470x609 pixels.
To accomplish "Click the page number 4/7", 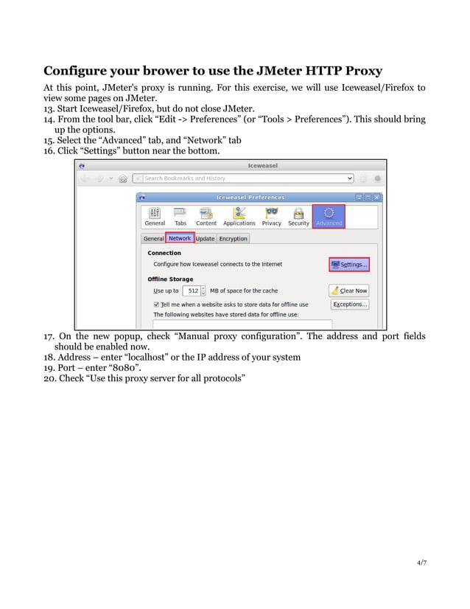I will point(421,563).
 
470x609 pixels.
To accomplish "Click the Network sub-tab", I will point(180,238).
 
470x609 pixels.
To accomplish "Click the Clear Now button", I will point(348,290).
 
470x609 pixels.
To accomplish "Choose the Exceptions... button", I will point(348,304).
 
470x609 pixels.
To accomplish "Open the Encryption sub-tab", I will point(233,239).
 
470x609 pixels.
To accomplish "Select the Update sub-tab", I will point(205,239).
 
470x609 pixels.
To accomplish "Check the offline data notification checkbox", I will point(156,304).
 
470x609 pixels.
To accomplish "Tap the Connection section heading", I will point(164,253).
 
